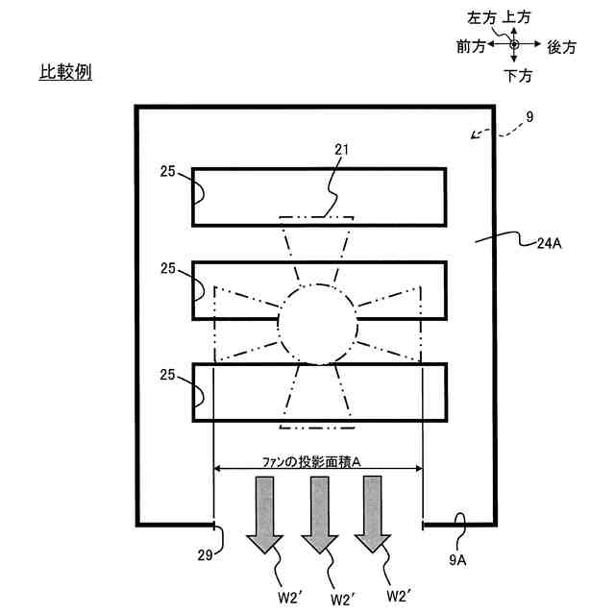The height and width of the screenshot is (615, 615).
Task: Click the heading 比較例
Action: tap(65, 72)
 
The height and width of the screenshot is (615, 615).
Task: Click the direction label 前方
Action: tap(471, 45)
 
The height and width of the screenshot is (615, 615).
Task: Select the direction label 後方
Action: tap(561, 45)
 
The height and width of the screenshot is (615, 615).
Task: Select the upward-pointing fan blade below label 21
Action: tap(317, 250)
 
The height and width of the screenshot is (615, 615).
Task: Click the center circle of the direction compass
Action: tap(515, 44)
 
